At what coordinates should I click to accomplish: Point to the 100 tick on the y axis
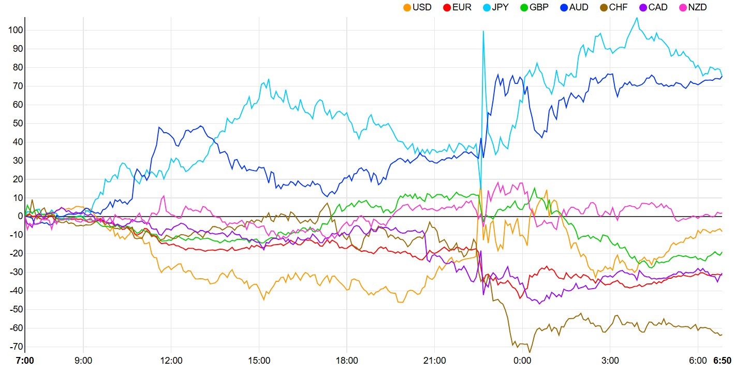click(15, 30)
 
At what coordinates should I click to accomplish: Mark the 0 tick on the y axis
click(19, 217)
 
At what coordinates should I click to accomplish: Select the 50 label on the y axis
click(17, 123)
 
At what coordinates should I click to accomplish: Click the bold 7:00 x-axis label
click(24, 361)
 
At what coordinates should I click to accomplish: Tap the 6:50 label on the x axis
click(722, 361)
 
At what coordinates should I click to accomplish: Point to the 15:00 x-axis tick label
click(259, 361)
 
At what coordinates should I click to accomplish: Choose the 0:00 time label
click(522, 361)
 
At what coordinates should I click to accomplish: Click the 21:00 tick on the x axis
click(434, 361)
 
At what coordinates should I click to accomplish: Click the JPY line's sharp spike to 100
click(483, 31)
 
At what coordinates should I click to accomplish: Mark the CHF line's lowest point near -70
click(529, 351)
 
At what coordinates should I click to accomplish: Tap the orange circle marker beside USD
click(407, 7)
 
